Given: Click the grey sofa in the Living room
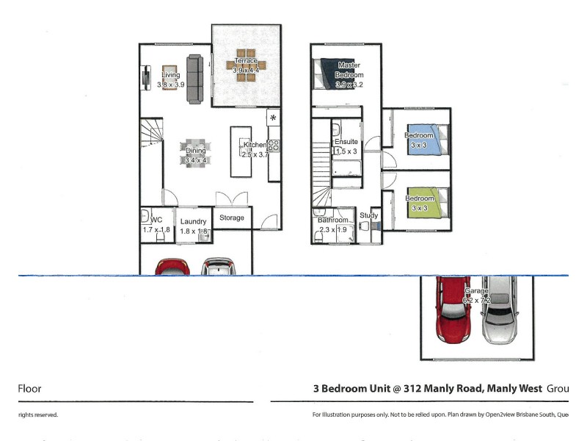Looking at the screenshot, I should pyautogui.click(x=195, y=79).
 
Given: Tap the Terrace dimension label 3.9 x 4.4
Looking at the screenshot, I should pyautogui.click(x=246, y=71).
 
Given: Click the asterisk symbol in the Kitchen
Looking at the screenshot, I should pyautogui.click(x=273, y=118).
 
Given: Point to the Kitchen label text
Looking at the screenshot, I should pyautogui.click(x=255, y=145).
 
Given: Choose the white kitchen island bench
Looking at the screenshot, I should pyautogui.click(x=241, y=152).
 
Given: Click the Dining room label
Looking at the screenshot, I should pyautogui.click(x=195, y=151).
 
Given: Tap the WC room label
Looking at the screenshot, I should pyautogui.click(x=156, y=220).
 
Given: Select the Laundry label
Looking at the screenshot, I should pyautogui.click(x=194, y=221).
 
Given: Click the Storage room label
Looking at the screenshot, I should pyautogui.click(x=232, y=218).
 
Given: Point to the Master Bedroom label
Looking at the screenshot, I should pyautogui.click(x=349, y=70).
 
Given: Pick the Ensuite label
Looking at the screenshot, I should pyautogui.click(x=346, y=142).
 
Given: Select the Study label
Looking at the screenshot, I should pyautogui.click(x=368, y=215).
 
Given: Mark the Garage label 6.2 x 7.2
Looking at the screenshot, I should pyautogui.click(x=476, y=295).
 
